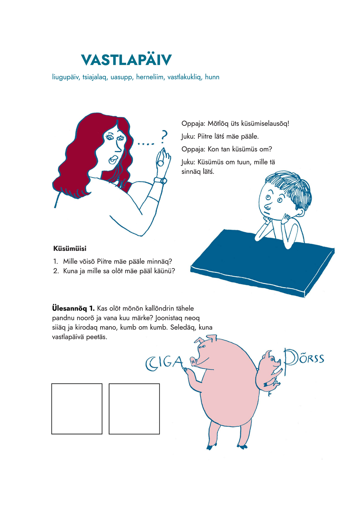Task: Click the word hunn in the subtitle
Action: point(212,77)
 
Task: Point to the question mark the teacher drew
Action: point(164,136)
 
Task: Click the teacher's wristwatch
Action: point(161,180)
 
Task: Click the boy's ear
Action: point(300,212)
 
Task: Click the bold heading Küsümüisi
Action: point(70,248)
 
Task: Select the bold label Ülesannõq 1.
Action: point(73,308)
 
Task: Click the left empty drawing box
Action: point(77,409)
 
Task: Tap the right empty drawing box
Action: point(134,409)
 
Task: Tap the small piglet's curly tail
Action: point(270,393)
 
